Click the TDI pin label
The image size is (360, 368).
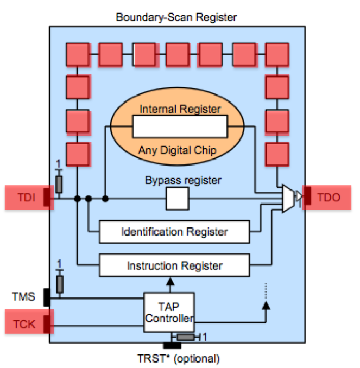pos(24,198)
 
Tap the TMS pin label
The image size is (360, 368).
pos(24,296)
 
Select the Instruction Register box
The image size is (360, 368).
pos(174,265)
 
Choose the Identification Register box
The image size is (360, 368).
pos(174,232)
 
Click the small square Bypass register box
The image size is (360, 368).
pos(177,199)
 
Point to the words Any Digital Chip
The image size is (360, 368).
pos(179,150)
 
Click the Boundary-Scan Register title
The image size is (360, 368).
pos(176,17)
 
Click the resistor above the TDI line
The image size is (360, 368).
pos(59,185)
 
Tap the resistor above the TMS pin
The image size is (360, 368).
pos(59,283)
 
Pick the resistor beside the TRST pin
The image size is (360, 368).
pos(186,337)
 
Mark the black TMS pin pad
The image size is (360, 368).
pos(47,297)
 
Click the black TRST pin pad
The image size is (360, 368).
pos(173,346)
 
